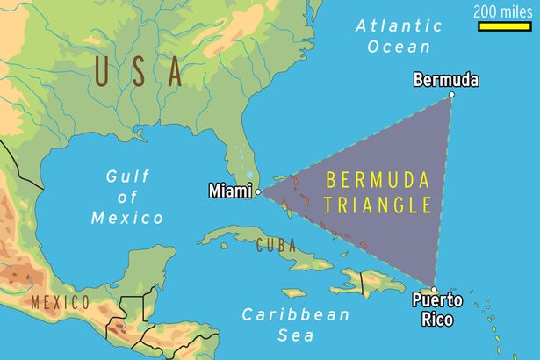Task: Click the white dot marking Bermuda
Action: (451, 95)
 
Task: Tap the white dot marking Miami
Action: (257, 191)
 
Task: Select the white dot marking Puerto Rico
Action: (433, 286)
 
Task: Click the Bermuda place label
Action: (445, 81)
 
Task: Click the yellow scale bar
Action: (503, 27)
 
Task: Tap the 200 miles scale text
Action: (503, 11)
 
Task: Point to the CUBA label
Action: (275, 247)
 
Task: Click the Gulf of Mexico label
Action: (127, 197)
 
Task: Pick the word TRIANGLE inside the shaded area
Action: (378, 206)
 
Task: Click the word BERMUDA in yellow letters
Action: (378, 181)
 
